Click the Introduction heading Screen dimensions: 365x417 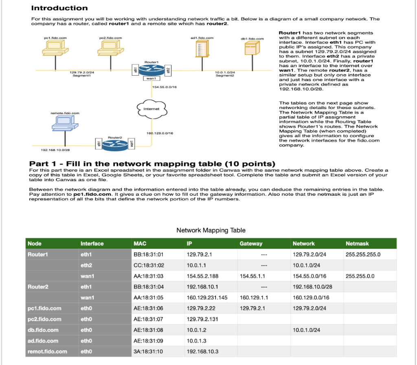[59, 8]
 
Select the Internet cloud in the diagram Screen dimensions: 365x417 [151, 109]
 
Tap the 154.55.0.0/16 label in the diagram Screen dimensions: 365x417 [165, 87]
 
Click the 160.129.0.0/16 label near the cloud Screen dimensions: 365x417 [160, 133]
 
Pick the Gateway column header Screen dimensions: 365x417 [251, 244]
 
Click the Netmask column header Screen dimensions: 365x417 [357, 244]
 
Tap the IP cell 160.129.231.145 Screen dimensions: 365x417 [207, 297]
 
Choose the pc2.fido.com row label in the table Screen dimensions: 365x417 [44, 319]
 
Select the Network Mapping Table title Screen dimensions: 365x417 [211, 230]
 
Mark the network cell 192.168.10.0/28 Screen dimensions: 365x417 [312, 287]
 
